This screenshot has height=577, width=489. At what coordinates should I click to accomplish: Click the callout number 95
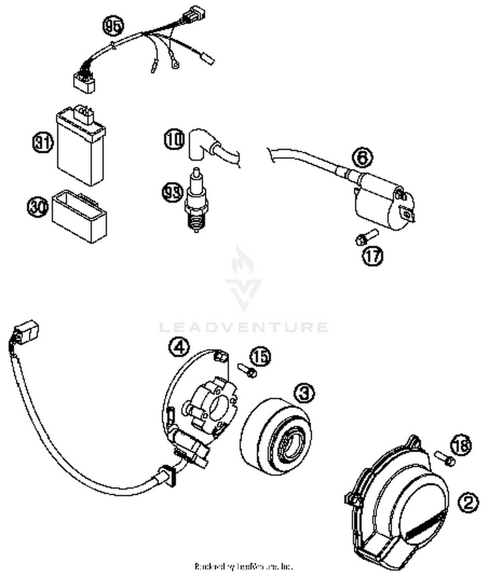[113, 26]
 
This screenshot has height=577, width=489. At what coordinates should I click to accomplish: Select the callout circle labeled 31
[43, 142]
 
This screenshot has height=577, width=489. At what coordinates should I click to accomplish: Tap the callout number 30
[37, 206]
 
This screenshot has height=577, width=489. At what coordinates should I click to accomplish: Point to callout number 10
[174, 139]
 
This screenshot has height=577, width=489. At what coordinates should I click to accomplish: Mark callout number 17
[373, 256]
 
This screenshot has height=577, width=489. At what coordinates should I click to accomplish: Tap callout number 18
[461, 445]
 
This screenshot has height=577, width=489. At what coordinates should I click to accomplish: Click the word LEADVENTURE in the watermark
[244, 327]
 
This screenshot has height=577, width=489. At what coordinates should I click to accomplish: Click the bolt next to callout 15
[246, 370]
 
